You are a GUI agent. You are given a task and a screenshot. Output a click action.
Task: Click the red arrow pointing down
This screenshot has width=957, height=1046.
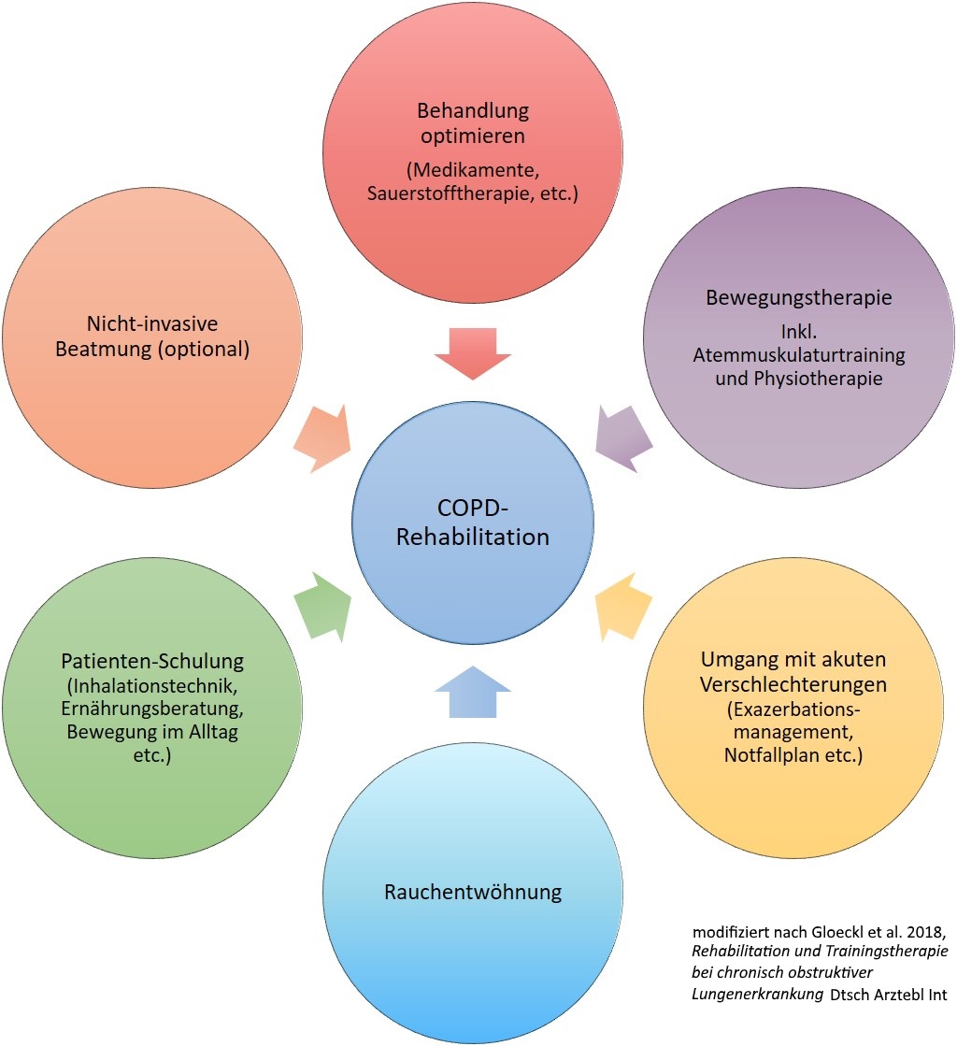pyautogui.click(x=473, y=352)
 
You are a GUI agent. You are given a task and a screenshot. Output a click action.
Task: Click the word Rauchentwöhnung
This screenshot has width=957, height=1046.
pyautogui.click(x=473, y=891)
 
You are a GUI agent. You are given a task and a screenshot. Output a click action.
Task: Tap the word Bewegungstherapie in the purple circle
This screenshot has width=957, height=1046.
pyautogui.click(x=799, y=299)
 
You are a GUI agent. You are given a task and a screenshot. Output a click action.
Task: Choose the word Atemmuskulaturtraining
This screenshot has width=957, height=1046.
pyautogui.click(x=799, y=356)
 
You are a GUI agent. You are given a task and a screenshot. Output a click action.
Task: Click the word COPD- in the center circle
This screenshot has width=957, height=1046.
pyautogui.click(x=473, y=509)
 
